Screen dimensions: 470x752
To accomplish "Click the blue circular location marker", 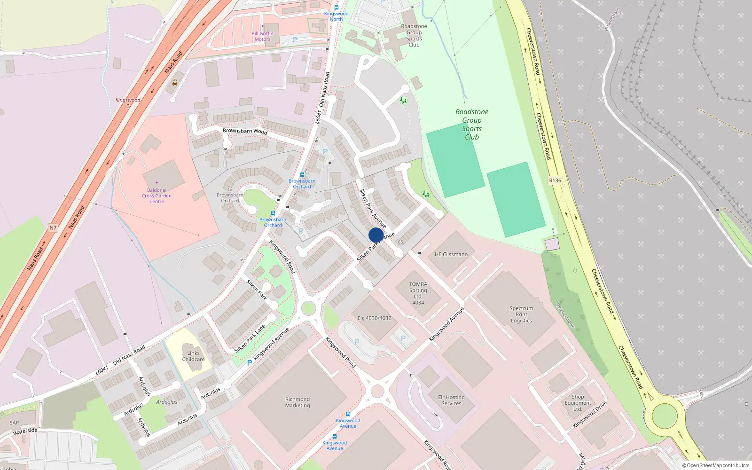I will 376,235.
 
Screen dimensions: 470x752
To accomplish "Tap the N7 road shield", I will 53,228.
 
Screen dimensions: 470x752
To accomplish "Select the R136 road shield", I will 555,180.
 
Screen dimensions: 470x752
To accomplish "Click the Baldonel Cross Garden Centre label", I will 157,196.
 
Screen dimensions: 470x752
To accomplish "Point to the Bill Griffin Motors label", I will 262,36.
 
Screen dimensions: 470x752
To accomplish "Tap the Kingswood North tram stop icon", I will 336,8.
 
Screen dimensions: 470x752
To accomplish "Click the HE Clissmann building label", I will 451,254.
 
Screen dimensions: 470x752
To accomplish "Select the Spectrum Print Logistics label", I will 521,314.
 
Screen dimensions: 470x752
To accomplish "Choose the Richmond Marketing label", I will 298,402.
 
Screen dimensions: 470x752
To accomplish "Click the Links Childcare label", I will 193,356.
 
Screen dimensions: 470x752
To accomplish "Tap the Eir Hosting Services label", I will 451,400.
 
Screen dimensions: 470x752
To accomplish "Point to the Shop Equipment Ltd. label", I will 578,403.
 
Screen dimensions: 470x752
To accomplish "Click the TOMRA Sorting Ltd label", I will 418,293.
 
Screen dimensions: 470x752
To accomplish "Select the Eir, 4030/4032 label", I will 374,318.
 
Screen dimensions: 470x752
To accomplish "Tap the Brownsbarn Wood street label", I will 245,131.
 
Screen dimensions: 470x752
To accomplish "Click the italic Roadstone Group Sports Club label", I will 472,124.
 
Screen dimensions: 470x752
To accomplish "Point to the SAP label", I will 14,423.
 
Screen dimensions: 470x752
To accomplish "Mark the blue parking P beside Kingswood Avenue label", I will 249,363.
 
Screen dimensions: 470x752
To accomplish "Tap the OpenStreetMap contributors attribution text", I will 717,465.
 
